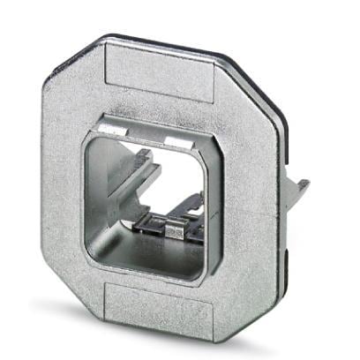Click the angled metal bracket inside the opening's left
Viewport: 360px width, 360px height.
[x=124, y=181]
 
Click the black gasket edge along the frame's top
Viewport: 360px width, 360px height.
[x=176, y=39]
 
